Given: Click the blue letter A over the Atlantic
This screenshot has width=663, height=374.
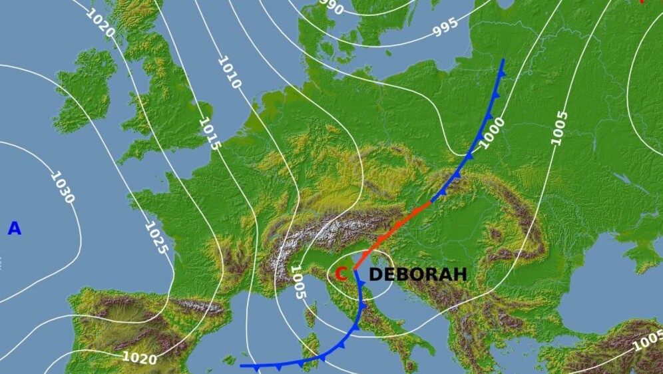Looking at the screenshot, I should coord(14,229).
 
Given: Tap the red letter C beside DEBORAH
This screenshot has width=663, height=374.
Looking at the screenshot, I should coord(341,274).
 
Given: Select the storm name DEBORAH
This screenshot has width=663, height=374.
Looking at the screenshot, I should coord(417,275).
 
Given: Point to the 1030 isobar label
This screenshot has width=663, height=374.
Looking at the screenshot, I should coord(62,188).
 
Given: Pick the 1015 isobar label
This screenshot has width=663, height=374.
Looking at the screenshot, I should coord(210,133).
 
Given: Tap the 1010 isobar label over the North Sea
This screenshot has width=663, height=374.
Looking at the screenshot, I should coord(229,73).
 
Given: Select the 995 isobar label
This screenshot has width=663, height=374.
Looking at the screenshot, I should coord(445,27).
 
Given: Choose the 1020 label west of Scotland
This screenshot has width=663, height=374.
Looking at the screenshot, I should coord(101,23).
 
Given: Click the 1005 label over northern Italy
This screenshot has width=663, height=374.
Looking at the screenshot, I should coord(298,281).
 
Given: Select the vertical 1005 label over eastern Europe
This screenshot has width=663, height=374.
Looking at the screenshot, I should coord(559,128).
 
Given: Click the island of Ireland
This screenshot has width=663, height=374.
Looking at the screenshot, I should coord(83,90).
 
